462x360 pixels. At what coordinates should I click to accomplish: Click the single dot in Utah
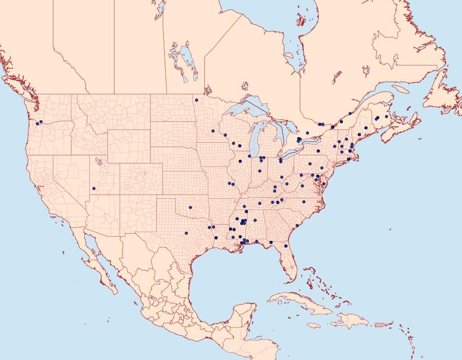94,188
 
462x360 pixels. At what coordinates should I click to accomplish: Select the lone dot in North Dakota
196,100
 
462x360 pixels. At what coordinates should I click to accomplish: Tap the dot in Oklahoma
190,207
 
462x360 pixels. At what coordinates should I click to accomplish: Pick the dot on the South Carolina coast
297,225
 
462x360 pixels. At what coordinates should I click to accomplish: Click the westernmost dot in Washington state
37,123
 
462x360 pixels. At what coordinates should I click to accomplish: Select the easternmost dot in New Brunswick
387,117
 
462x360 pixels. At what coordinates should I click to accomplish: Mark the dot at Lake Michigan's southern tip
249,156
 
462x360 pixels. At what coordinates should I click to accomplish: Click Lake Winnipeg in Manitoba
188,59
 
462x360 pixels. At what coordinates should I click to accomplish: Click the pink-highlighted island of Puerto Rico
380,324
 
